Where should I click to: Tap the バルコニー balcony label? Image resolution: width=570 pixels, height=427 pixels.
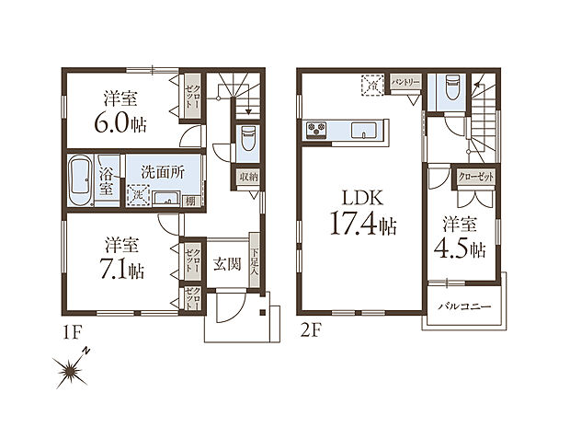point(463,306)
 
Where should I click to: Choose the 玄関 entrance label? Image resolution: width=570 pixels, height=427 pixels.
point(226,265)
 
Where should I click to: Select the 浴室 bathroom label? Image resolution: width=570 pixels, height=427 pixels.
point(106,179)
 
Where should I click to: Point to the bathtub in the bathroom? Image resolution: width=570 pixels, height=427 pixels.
point(78,179)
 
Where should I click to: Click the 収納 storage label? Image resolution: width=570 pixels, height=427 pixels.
point(248,177)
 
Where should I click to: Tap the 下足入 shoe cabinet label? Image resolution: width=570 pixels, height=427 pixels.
point(253,264)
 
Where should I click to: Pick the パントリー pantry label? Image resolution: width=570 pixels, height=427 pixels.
point(405,81)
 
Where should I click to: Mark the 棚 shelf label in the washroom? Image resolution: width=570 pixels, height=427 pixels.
point(188,201)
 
